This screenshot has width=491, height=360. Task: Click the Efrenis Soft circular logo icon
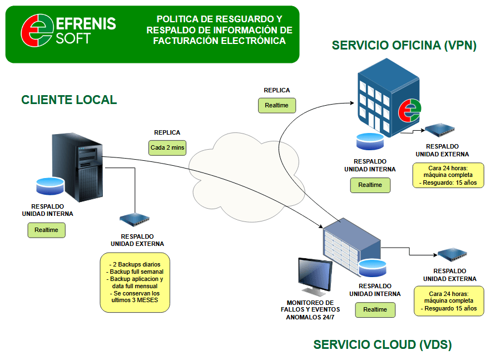[36, 31]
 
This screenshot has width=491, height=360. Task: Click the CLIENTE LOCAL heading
[69, 100]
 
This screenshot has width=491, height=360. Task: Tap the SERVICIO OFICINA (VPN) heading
[404, 46]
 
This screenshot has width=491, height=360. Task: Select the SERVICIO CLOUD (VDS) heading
[383, 344]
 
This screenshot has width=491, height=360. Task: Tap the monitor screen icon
[315, 277]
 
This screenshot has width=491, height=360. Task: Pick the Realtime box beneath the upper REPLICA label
[276, 105]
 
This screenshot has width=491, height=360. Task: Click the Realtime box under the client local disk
[46, 230]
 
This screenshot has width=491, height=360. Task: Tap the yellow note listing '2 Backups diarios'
[135, 282]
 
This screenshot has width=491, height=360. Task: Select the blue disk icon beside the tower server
[49, 185]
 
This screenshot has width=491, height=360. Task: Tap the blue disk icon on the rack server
[373, 268]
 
